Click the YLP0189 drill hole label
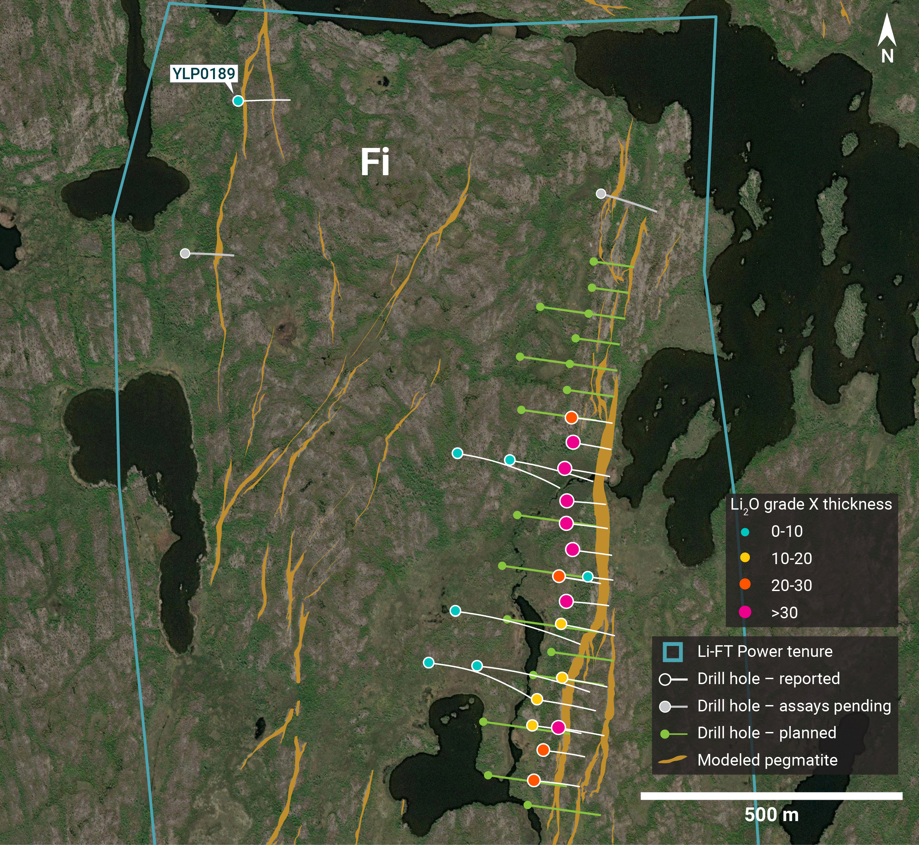coord(203,73)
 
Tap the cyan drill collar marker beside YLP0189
coord(238,101)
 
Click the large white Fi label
coord(375,162)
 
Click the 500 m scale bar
coord(771,796)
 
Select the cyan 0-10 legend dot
coord(745,532)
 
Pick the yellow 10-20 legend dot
coord(745,557)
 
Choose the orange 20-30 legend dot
coord(745,584)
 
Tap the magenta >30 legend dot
coord(745,612)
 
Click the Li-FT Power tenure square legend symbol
coord(673,652)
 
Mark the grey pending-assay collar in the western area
coord(185,253)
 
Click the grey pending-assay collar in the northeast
coord(601,193)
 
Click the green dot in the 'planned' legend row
coord(665,734)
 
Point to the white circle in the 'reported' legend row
coord(665,679)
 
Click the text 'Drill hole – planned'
coord(767,733)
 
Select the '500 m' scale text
coord(771,815)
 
